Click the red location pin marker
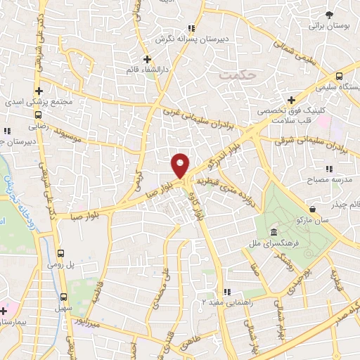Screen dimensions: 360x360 coord(181,165)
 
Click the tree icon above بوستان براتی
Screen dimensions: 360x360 coord(328,14)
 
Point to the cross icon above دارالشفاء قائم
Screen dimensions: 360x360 coord(147,59)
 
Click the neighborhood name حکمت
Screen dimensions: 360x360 coord(233,73)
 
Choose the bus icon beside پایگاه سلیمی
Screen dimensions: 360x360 coord(340,75)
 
